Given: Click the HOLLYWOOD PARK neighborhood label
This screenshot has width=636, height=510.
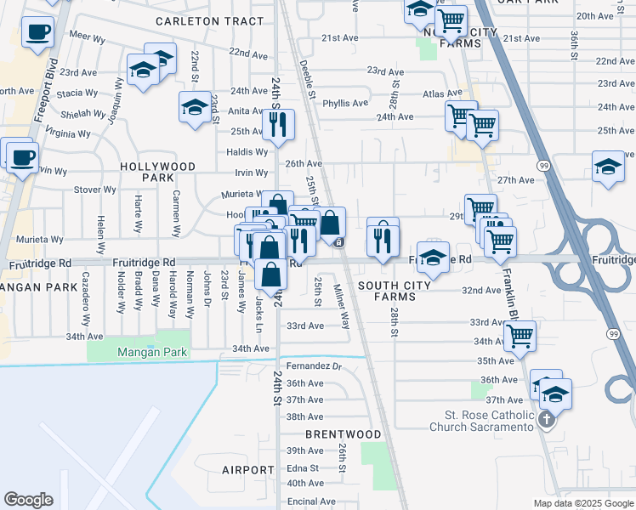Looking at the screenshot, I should pyautogui.click(x=157, y=173).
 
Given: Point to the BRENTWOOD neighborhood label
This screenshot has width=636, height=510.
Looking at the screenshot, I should pyautogui.click(x=343, y=433).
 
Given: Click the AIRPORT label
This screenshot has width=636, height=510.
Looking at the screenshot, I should pyautogui.click(x=248, y=469).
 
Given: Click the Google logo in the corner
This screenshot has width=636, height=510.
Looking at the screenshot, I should pyautogui.click(x=28, y=500).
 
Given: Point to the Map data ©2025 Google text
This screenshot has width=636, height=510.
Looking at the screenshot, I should pyautogui.click(x=583, y=503).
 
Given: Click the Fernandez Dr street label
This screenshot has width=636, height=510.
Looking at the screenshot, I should pyautogui.click(x=313, y=366).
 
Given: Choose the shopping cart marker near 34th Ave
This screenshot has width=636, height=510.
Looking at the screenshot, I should pyautogui.click(x=519, y=335).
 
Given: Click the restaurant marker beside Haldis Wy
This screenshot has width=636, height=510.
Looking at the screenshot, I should pyautogui.click(x=278, y=125).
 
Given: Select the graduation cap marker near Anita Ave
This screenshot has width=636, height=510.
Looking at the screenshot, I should pyautogui.click(x=195, y=107).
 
